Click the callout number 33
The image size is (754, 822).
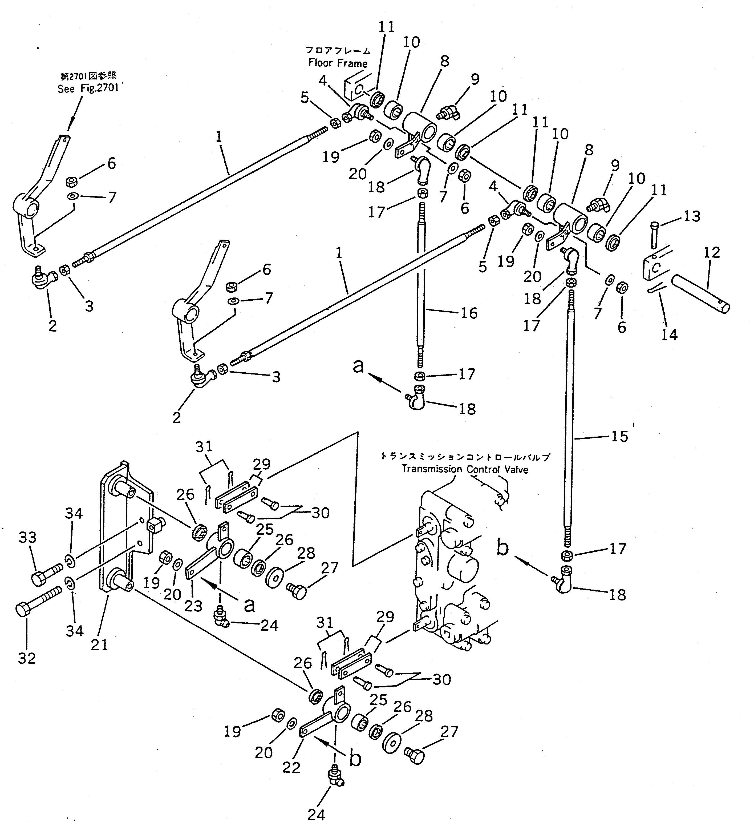click(27, 538)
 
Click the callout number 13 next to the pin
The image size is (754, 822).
click(692, 216)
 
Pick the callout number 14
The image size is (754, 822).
click(669, 335)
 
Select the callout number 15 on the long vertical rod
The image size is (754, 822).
click(619, 436)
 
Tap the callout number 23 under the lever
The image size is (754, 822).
click(193, 617)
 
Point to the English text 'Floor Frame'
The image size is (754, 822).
click(338, 63)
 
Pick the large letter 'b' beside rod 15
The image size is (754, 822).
click(503, 548)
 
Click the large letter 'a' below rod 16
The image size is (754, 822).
click(358, 366)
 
